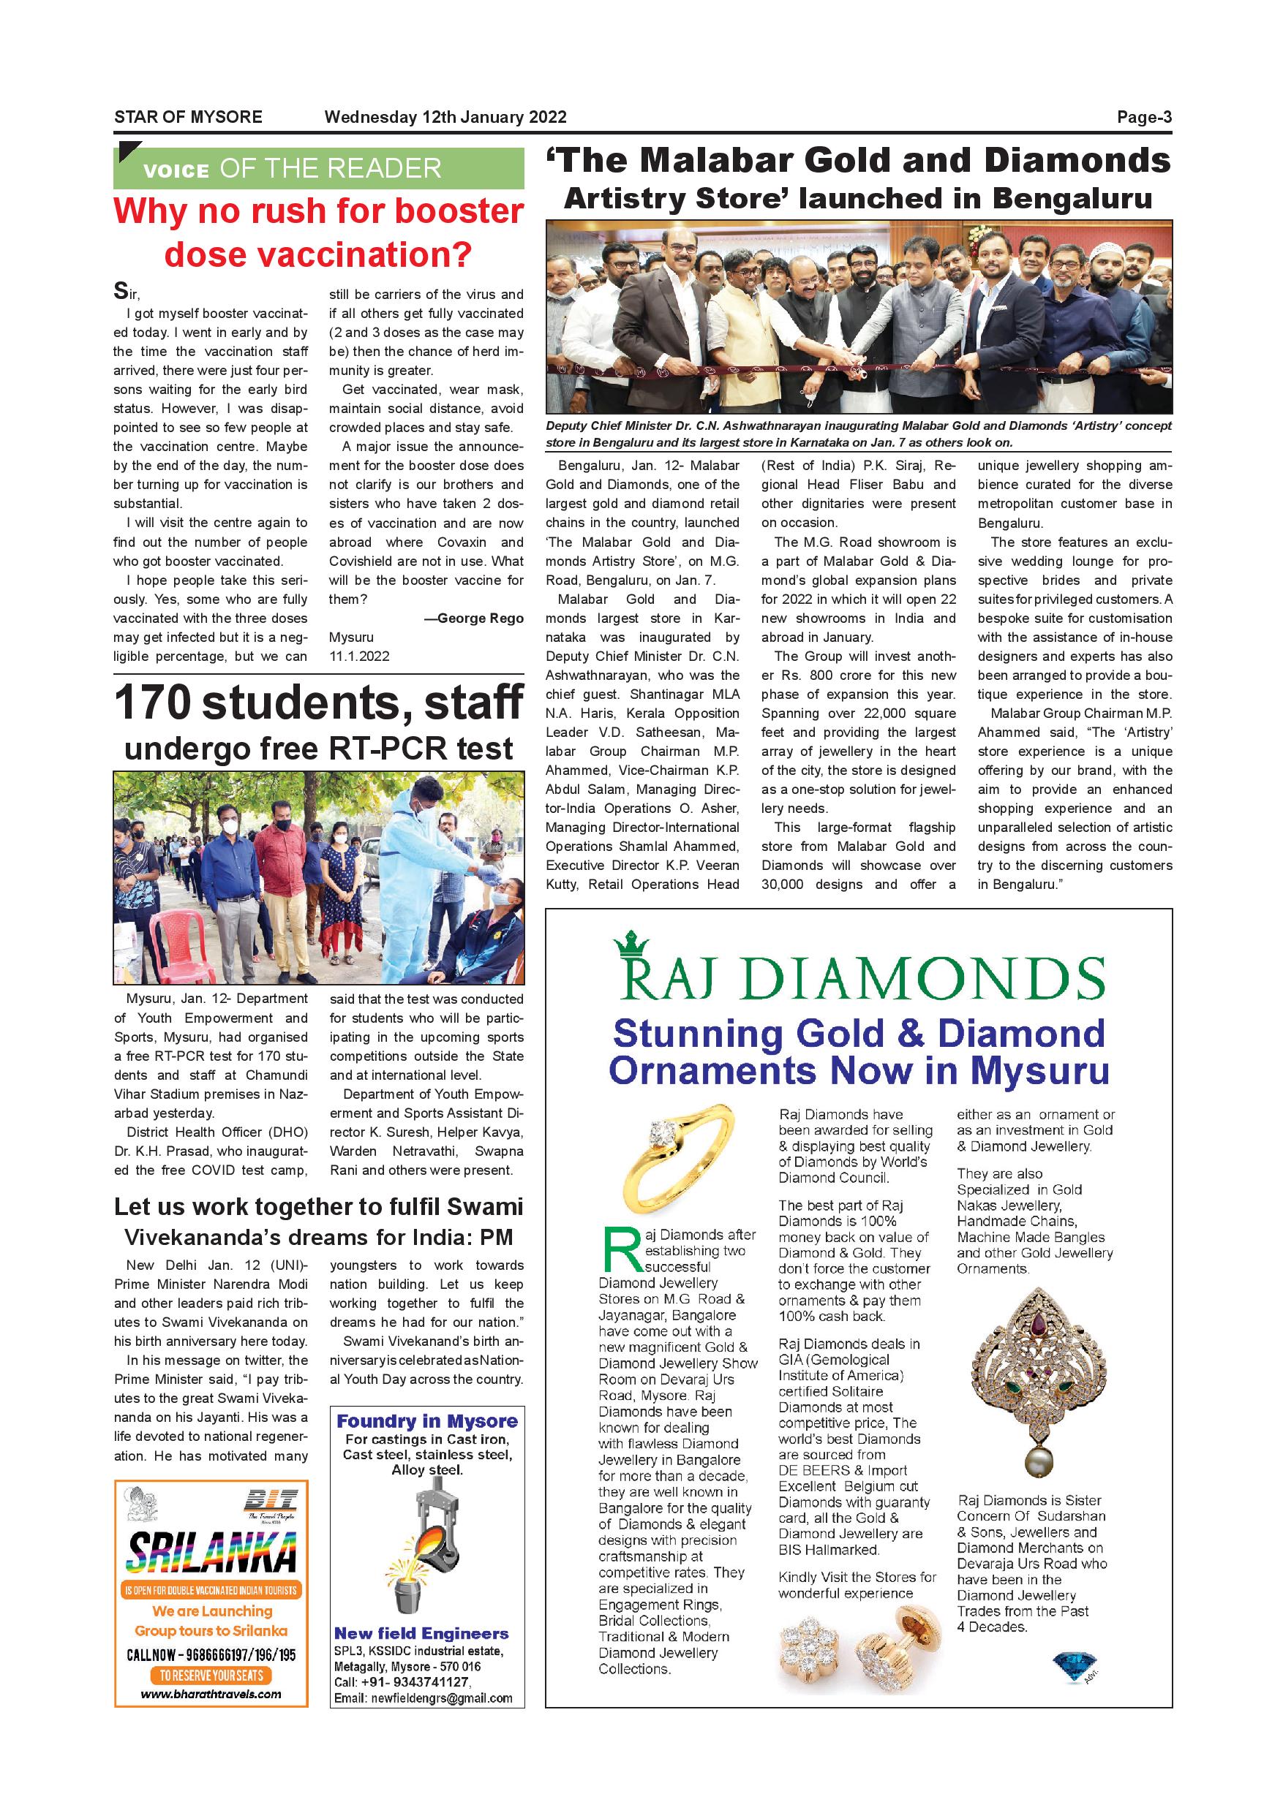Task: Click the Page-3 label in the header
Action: (1143, 118)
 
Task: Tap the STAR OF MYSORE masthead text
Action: (188, 118)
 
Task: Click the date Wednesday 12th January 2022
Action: (445, 118)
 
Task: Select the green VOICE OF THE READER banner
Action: (318, 168)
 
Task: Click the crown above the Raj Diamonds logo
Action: (631, 944)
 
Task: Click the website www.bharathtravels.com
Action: (211, 1694)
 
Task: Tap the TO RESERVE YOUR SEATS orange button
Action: (211, 1675)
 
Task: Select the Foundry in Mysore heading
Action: (427, 1421)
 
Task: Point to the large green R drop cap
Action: (620, 1251)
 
